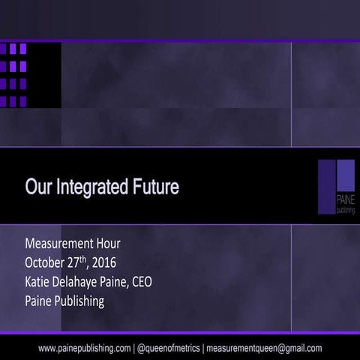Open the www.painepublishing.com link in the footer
point(83,348)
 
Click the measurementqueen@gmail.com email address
point(263,348)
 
